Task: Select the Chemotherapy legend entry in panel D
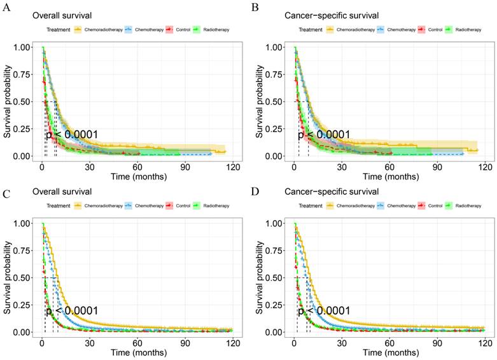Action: point(396,206)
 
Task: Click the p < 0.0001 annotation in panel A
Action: point(72,134)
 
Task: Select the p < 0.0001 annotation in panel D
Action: point(324,310)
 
